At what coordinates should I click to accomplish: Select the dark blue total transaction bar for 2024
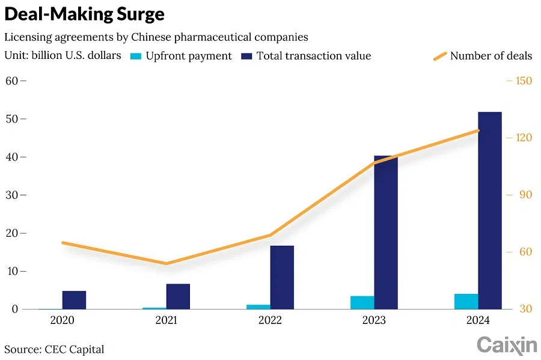click(489, 210)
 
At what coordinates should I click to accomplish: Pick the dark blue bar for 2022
click(282, 277)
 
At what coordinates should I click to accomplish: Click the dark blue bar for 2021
click(178, 296)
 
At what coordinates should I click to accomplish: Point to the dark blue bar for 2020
click(74, 300)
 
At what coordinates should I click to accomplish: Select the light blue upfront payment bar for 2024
click(466, 302)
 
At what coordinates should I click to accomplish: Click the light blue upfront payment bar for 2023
click(362, 302)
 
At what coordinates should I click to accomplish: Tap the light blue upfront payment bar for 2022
click(258, 307)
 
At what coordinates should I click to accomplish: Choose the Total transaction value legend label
click(313, 56)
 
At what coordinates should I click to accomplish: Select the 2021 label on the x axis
click(167, 321)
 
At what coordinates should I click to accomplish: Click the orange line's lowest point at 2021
click(167, 263)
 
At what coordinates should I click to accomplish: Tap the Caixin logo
click(506, 345)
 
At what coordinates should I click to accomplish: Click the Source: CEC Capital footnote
click(54, 349)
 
